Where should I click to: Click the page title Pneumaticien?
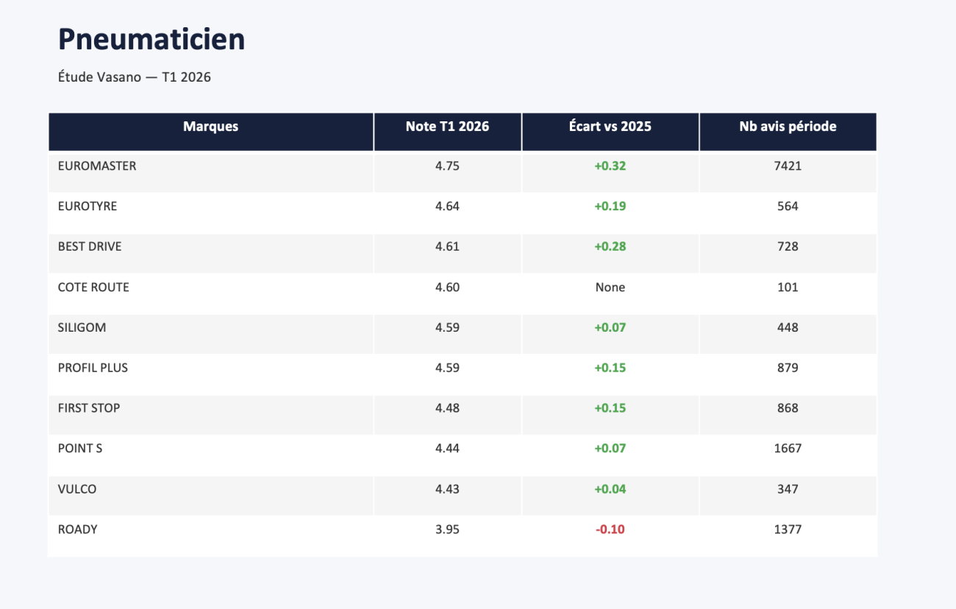(x=151, y=40)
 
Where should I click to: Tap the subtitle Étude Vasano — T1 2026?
(x=135, y=76)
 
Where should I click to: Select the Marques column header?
(x=210, y=127)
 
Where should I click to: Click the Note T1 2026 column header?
(x=447, y=127)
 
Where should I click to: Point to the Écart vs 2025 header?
(x=610, y=127)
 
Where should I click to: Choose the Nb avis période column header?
(x=788, y=127)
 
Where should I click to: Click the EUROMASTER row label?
(x=97, y=165)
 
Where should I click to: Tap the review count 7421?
(x=788, y=165)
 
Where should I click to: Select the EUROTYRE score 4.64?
(x=447, y=206)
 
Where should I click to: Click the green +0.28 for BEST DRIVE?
(x=610, y=246)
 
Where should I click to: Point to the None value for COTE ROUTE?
(x=610, y=288)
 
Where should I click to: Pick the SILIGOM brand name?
(x=82, y=327)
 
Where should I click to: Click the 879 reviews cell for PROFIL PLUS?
(x=788, y=368)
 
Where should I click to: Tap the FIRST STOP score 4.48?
(x=447, y=408)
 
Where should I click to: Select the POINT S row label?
(x=80, y=448)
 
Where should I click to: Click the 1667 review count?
(x=788, y=448)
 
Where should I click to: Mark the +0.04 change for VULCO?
(x=610, y=488)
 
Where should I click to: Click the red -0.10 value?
(x=610, y=529)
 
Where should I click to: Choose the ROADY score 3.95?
(x=447, y=529)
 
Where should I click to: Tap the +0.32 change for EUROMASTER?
(x=610, y=165)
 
